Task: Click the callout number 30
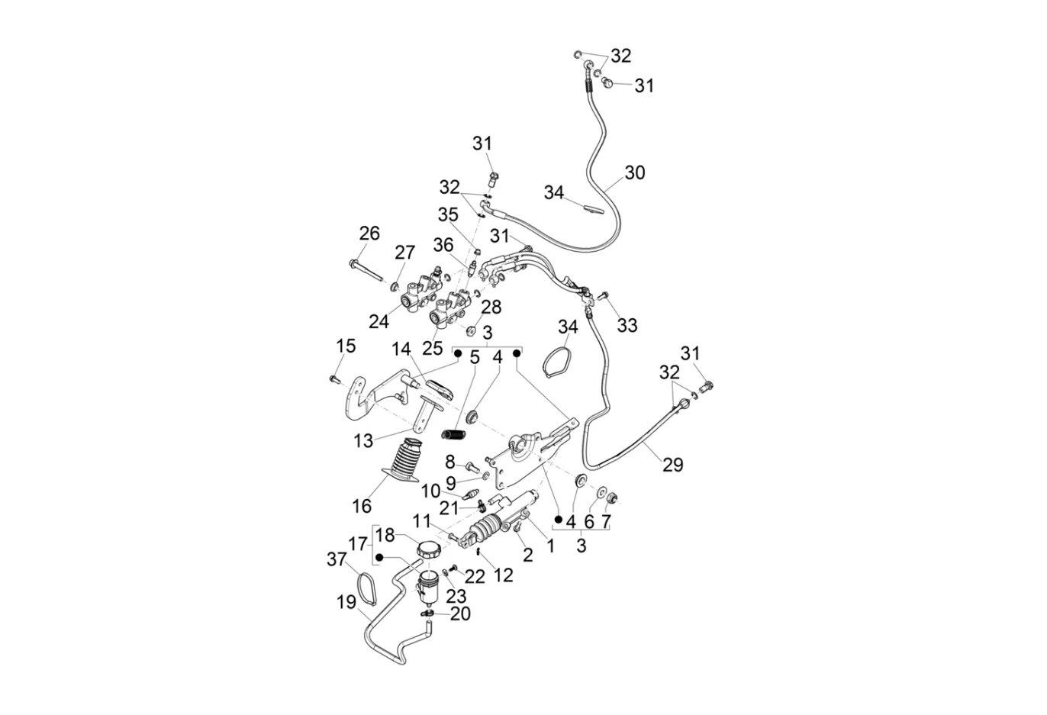tap(635, 173)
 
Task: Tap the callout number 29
tap(673, 465)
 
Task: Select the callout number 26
tap(369, 234)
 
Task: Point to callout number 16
tap(362, 506)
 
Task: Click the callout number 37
tap(337, 559)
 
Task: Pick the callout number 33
tap(627, 325)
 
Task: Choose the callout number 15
tap(346, 346)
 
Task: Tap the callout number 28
tap(491, 307)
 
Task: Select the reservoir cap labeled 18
tap(429, 549)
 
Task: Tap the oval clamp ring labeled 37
tap(366, 588)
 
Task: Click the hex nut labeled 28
tap(471, 331)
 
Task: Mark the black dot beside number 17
tap(379, 558)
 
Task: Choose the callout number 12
tap(503, 575)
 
